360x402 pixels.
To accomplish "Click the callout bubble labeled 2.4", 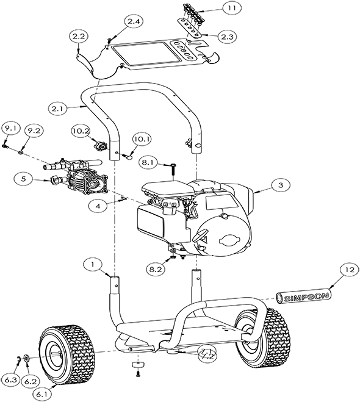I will [134, 21].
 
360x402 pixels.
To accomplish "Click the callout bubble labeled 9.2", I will [32, 129].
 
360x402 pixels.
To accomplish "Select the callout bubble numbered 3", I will [279, 184].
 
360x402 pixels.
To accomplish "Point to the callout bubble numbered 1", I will [92, 265].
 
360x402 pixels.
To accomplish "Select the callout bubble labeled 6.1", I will [42, 395].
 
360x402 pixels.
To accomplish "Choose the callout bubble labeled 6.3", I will [10, 379].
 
